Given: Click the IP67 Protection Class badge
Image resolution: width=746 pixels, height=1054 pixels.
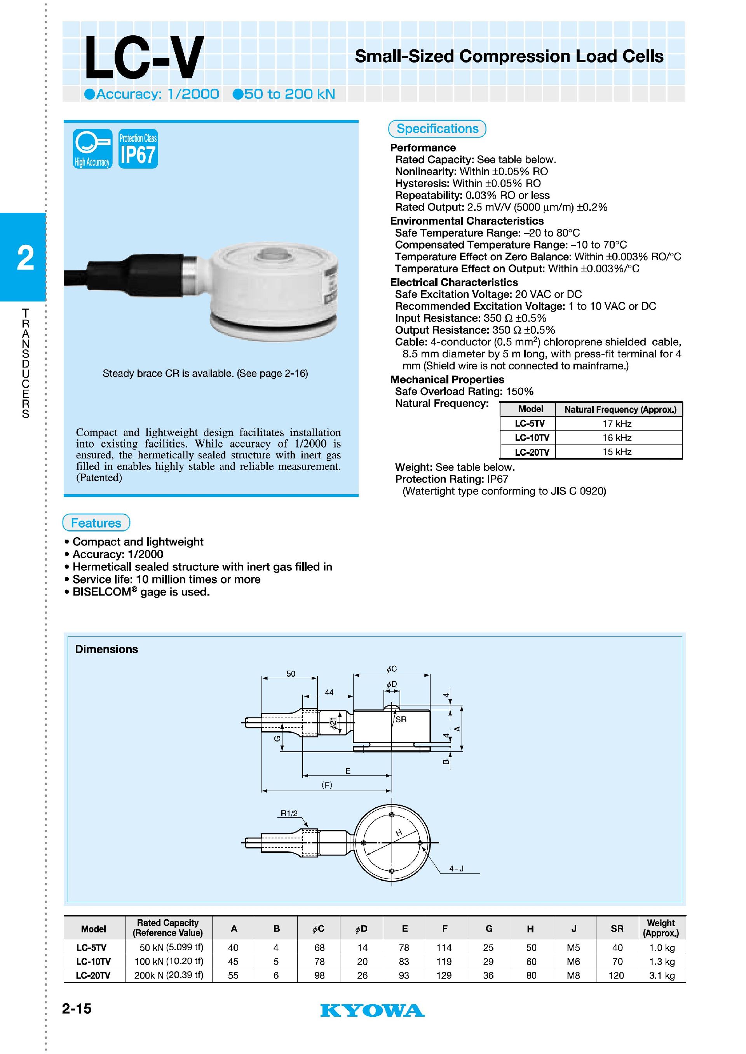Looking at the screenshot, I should pyautogui.click(x=138, y=149).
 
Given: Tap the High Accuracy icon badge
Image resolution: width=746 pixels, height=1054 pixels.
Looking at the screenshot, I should pyautogui.click(x=92, y=149).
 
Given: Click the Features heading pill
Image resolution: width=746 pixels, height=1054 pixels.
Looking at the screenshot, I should pyautogui.click(x=96, y=523).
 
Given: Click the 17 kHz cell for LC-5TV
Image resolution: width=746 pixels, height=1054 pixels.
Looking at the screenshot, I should pyautogui.click(x=617, y=423).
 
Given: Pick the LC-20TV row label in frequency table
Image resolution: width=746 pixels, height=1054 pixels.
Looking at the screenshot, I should pyautogui.click(x=532, y=452).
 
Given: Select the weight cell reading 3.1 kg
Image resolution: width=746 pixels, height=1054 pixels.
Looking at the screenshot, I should pyautogui.click(x=661, y=975).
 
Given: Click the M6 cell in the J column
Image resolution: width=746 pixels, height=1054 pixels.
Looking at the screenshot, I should pyautogui.click(x=573, y=961).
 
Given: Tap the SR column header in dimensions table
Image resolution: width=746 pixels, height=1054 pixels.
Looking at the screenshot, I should pyautogui.click(x=617, y=928).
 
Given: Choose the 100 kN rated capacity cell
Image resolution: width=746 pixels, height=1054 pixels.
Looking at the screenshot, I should pyautogui.click(x=169, y=961).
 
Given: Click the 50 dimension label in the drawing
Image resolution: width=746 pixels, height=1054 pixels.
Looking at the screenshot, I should pyautogui.click(x=291, y=674).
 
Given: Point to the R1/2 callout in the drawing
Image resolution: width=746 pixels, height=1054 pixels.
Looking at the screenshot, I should pyautogui.click(x=289, y=814).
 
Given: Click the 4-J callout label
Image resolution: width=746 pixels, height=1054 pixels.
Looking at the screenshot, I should pyautogui.click(x=456, y=868).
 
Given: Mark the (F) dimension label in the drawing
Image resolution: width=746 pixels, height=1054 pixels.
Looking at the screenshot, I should pyautogui.click(x=327, y=785).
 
